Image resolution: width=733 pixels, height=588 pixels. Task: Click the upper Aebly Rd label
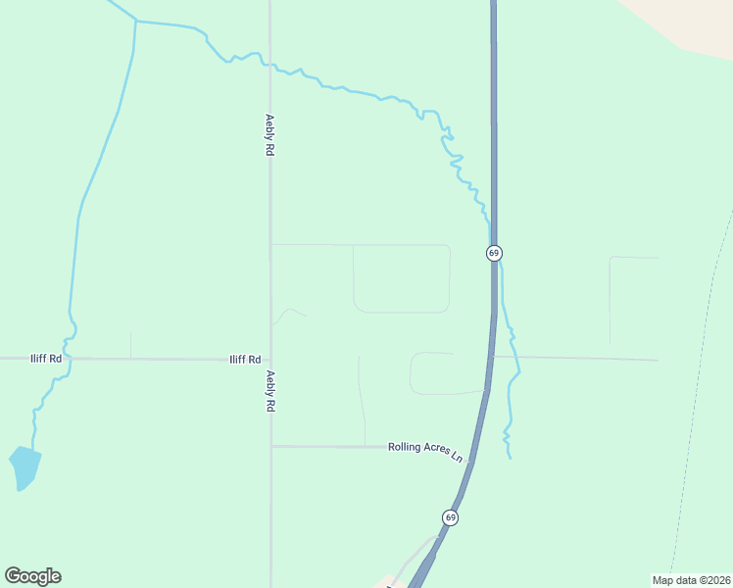coord(269,136)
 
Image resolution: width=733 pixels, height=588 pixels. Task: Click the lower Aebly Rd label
coord(269,391)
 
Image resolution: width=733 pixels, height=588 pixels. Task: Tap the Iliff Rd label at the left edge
coord(47,359)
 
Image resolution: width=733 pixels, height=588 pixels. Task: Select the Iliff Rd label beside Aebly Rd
coord(245,360)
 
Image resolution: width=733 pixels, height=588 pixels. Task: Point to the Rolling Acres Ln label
coord(424,450)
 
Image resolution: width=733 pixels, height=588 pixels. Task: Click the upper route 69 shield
coord(494,253)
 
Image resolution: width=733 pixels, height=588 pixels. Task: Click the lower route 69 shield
coord(450,516)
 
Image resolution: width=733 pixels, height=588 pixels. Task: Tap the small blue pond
coord(24,466)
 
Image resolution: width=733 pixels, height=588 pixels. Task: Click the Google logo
coord(32,576)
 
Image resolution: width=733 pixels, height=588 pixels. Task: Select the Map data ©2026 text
coord(691,580)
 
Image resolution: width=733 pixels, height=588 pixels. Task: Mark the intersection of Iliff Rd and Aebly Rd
coord(270,359)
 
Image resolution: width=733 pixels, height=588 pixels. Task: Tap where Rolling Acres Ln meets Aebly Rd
coord(270,447)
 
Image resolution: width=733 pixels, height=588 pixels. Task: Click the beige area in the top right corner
coord(686,24)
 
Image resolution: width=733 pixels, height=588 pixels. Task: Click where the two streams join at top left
coord(135,21)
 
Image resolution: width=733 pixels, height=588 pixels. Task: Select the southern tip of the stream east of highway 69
coord(511,457)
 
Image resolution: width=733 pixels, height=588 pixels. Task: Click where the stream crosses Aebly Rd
coord(270,66)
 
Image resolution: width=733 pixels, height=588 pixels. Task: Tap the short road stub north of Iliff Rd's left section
coord(130,345)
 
